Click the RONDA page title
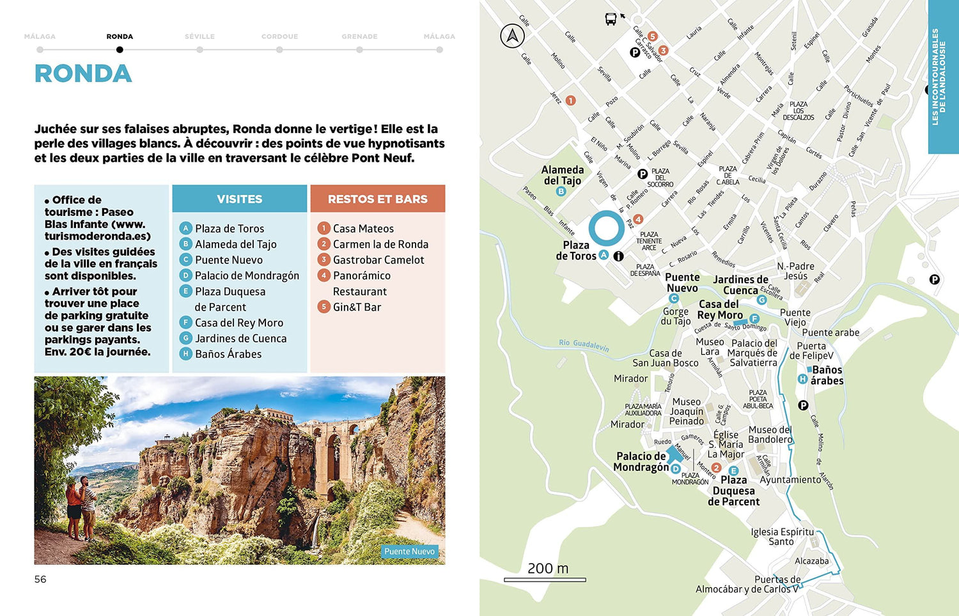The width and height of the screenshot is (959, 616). [83, 74]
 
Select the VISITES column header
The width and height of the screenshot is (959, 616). [239, 199]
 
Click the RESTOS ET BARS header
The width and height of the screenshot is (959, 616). [377, 199]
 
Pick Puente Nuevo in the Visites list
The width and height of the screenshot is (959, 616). [228, 259]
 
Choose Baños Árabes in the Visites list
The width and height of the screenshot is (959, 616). [228, 354]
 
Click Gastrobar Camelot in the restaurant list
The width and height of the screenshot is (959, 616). [378, 259]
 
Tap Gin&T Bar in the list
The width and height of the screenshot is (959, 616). [356, 307]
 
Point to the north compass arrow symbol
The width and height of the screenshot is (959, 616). [512, 36]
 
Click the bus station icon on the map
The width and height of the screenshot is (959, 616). [611, 19]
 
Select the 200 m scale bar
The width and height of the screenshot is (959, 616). [545, 579]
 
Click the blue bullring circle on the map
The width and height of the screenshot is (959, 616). [606, 229]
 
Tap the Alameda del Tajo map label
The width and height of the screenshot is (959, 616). [563, 175]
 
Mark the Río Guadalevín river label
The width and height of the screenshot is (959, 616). [584, 345]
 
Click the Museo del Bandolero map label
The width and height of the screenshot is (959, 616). [770, 435]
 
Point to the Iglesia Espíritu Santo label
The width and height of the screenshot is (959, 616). [782, 536]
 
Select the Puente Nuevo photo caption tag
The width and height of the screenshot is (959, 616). [409, 551]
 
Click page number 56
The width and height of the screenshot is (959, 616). [40, 579]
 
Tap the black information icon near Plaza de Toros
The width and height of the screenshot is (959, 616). [618, 256]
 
